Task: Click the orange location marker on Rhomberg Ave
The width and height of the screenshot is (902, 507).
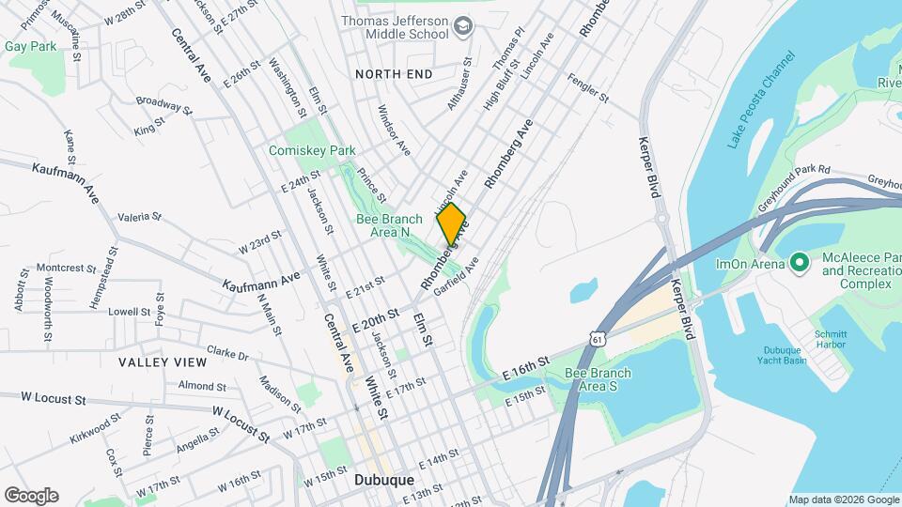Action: pos(452,223)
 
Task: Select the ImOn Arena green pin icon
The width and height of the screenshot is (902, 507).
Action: pos(800,263)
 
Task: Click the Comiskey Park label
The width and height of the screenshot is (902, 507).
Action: pos(312,150)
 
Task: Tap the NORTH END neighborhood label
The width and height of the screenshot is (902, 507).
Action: pos(394,74)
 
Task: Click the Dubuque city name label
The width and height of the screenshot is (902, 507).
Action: pos(384,480)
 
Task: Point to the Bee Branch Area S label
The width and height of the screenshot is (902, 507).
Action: pos(598,379)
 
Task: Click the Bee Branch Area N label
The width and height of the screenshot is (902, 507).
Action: pos(389,225)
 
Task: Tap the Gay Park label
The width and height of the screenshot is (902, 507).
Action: pos(30,45)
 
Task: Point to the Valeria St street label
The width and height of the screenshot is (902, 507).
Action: pos(141,217)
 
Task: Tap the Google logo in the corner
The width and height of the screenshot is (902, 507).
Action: pos(31,495)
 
